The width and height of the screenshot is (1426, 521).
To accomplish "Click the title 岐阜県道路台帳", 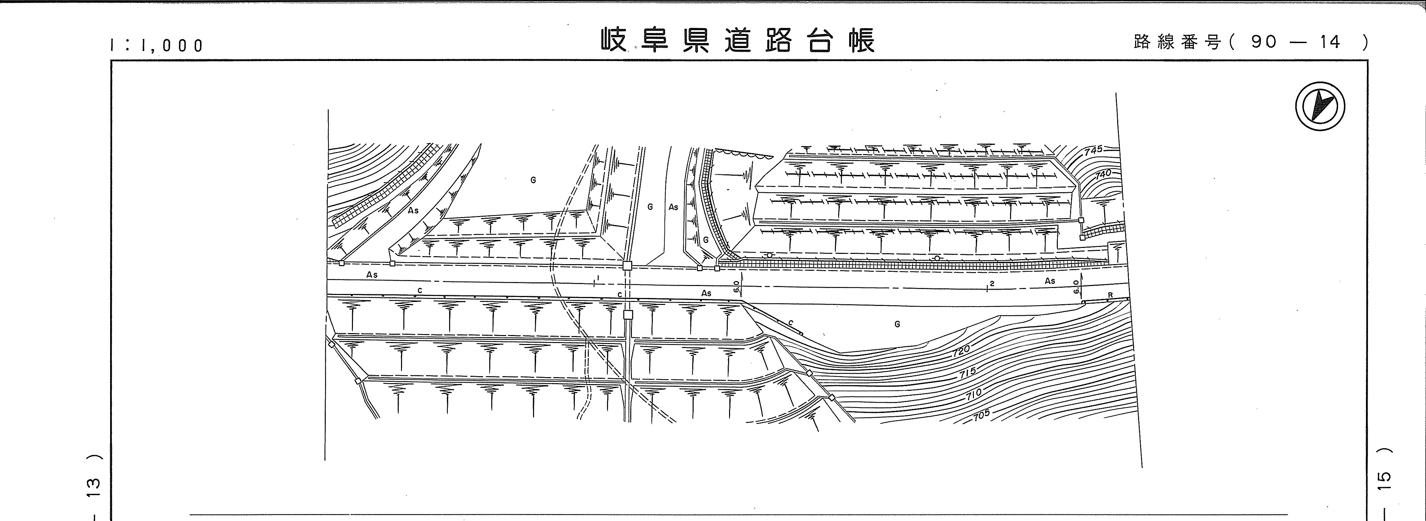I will [738, 40].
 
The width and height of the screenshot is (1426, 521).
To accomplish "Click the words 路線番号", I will [1176, 42].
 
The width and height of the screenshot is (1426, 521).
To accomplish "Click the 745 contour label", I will [1093, 150].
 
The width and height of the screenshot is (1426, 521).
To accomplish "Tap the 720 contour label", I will [962, 350].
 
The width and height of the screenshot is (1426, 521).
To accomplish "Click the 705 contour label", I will [981, 414].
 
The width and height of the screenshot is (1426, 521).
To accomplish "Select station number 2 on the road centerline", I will [992, 284].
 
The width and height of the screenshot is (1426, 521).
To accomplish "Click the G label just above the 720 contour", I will [897, 324].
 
